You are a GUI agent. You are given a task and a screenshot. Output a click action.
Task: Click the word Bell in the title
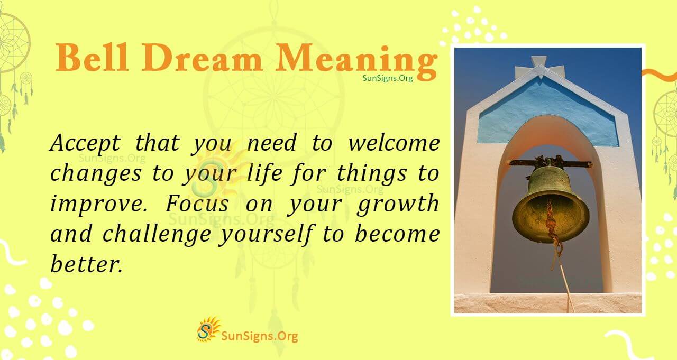pos(92,58)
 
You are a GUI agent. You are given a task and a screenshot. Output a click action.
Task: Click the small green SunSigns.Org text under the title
pos(387,78)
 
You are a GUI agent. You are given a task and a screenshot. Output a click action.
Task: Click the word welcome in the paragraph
pos(392,143)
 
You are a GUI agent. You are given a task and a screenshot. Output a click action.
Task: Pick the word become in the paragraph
pos(397,234)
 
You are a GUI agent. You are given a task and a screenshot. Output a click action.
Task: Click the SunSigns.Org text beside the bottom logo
pos(259,336)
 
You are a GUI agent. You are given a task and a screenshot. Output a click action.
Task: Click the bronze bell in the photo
pos(550,204)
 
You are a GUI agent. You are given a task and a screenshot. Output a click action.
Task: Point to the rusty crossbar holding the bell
pos(550,163)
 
